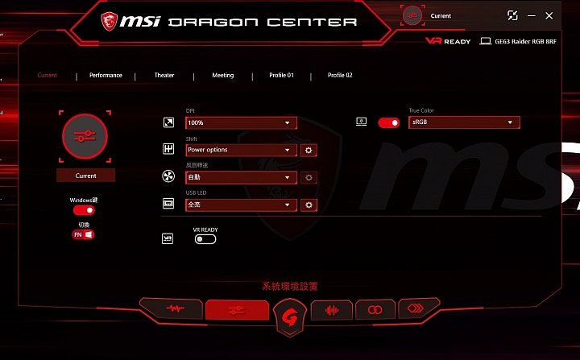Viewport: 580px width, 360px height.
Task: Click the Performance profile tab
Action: (106, 76)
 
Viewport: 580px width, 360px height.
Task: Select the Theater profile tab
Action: (164, 76)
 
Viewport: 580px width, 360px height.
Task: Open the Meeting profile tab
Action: (223, 76)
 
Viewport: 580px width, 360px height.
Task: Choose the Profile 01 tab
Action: (281, 76)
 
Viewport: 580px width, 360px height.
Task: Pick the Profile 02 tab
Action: (340, 76)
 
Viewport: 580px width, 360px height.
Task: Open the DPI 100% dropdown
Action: (241, 123)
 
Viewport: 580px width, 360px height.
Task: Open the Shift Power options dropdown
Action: (241, 150)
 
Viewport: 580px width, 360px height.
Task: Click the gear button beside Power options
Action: (308, 150)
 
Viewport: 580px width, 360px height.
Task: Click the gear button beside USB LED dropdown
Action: (308, 205)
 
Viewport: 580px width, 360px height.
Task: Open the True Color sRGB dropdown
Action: (464, 122)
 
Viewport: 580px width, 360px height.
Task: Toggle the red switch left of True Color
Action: (389, 122)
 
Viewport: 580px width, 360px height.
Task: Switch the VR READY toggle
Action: (205, 239)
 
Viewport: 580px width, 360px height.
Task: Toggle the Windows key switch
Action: (84, 210)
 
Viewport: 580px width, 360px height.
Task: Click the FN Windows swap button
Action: (84, 234)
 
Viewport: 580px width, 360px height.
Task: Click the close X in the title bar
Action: (549, 15)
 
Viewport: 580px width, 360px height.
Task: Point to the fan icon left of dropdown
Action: (168, 177)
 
